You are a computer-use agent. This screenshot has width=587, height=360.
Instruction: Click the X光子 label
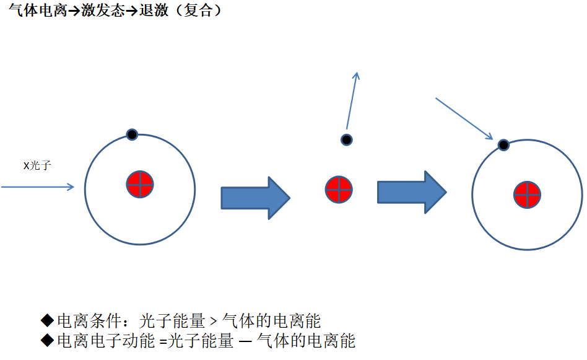[x=37, y=166]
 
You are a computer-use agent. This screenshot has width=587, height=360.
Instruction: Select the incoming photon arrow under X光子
[x=38, y=186]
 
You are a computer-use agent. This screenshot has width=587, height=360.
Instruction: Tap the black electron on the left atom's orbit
[x=132, y=134]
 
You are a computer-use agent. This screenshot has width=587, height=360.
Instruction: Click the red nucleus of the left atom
[x=140, y=184]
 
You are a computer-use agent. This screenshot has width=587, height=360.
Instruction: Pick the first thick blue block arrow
[x=255, y=198]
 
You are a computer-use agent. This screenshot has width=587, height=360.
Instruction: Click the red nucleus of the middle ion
[x=339, y=190]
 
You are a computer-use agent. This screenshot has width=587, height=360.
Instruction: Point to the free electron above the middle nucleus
[x=347, y=139]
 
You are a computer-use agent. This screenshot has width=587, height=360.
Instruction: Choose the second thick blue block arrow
[x=412, y=192]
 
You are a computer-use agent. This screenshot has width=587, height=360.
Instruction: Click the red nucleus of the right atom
[x=528, y=195]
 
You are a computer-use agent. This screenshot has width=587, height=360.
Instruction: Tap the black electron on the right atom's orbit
[x=504, y=145]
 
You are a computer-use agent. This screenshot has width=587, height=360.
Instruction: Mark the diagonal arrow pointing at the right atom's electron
[x=464, y=118]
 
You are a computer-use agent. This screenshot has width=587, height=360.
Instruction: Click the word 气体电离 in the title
[x=37, y=11]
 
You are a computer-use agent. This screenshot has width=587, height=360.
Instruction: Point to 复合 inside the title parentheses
[x=198, y=11]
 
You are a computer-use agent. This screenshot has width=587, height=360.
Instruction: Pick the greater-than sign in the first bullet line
[x=212, y=321]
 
